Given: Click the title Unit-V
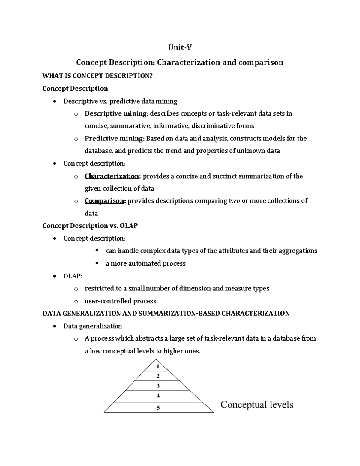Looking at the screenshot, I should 179,48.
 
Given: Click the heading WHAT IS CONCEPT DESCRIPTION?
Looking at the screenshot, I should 97,76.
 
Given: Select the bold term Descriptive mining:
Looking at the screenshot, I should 116,113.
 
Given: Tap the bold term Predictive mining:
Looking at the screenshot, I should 115,138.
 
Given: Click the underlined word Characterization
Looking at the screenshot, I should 112,176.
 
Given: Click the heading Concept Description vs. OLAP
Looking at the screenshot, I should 90,226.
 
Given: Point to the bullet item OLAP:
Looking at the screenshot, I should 73,276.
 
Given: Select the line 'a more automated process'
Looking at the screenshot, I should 145,263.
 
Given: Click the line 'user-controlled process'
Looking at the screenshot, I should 120,301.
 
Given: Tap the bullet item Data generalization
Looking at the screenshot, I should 93,326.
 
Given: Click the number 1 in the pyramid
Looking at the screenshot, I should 158,366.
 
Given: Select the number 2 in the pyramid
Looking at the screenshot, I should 158,376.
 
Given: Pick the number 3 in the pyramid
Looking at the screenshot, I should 158,386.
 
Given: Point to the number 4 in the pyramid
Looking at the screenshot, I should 158,396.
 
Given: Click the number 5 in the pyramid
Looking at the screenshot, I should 158,407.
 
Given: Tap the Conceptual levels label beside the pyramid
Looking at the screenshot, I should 257,405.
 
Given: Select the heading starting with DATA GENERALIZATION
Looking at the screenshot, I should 166,314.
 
